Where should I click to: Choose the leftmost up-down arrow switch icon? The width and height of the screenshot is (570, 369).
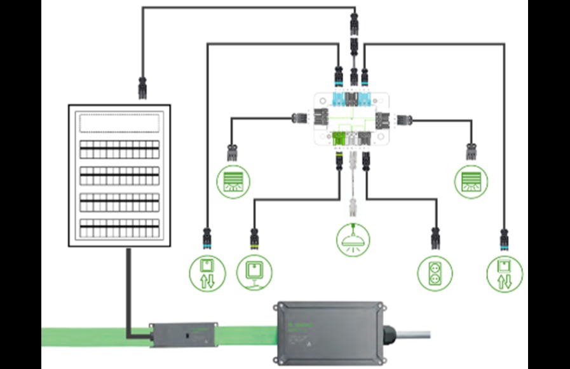click(x=207, y=273)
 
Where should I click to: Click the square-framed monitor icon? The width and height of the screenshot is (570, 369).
click(x=254, y=273)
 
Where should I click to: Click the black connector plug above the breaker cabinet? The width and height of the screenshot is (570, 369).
click(x=142, y=87)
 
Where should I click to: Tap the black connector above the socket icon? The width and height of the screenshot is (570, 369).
click(x=435, y=237)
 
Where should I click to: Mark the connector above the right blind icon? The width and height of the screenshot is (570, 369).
click(x=471, y=151)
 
